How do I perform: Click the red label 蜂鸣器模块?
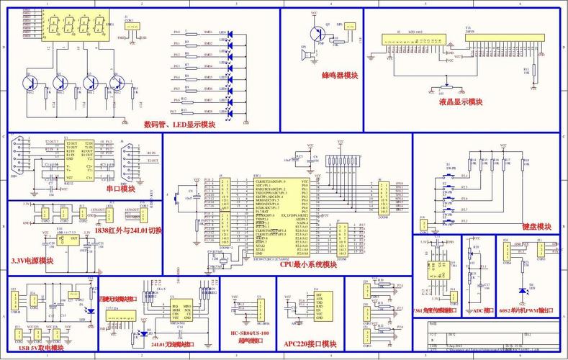(341, 75)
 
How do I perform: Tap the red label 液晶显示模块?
(461, 102)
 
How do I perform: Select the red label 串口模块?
(120, 189)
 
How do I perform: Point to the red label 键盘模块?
(536, 226)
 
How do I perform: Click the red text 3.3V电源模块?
(32, 261)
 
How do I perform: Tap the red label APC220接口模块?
(310, 343)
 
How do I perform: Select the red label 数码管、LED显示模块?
(179, 125)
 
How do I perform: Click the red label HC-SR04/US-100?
(249, 334)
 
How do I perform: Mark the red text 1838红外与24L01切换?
(128, 230)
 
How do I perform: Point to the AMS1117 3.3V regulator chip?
(70, 239)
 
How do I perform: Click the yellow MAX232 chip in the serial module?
(79, 160)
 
